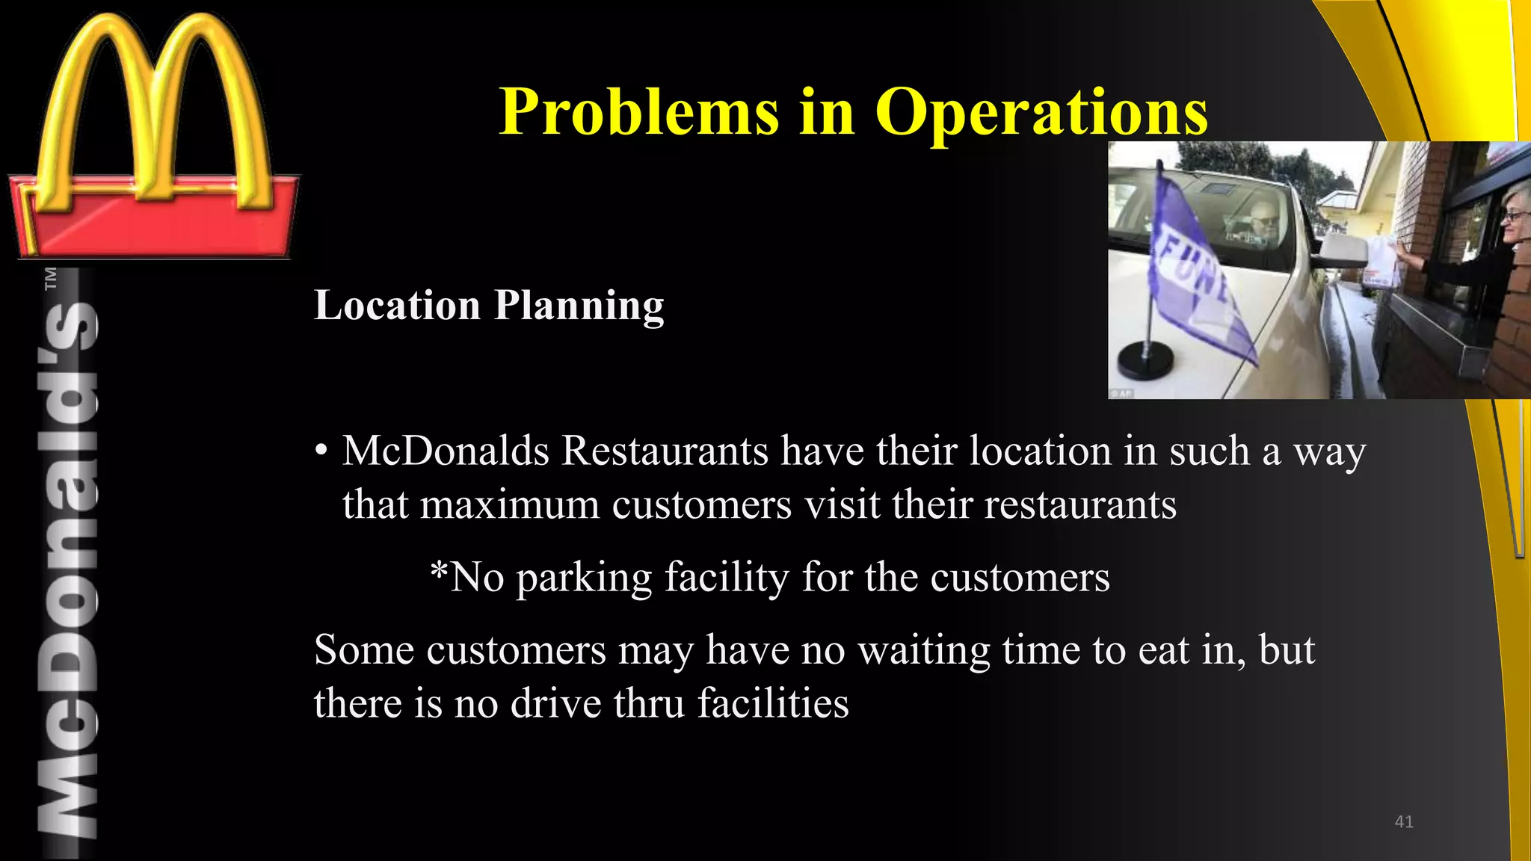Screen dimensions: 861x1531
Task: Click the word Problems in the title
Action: tap(639, 112)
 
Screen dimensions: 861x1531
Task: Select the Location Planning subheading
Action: tap(489, 305)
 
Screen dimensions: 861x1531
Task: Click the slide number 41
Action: tap(1404, 821)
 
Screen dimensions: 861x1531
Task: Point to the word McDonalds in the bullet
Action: tap(446, 451)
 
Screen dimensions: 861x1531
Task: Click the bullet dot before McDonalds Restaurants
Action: tap(321, 451)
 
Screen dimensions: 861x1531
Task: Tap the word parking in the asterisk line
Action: tap(584, 578)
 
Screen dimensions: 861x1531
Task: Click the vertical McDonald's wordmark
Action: tap(67, 568)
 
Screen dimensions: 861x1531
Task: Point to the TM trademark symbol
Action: tap(51, 278)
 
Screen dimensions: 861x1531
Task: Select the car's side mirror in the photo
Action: tap(1342, 250)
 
